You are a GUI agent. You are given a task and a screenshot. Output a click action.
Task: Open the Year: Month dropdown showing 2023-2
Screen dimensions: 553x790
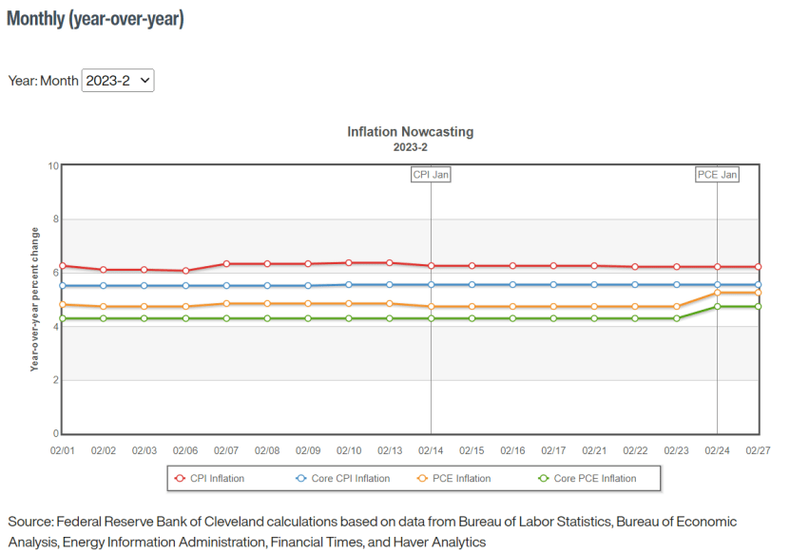pyautogui.click(x=118, y=81)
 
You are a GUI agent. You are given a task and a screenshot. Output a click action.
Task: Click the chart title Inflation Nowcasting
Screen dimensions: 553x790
pyautogui.click(x=410, y=132)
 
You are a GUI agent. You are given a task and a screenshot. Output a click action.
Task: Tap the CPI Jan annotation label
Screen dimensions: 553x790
pyautogui.click(x=431, y=175)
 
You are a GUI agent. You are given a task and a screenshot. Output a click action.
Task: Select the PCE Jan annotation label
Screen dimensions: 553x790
pyautogui.click(x=717, y=175)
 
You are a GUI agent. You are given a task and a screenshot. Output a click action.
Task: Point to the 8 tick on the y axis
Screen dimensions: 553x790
pyautogui.click(x=55, y=219)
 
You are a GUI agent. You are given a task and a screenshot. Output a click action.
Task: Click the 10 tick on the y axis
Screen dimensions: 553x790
pyautogui.click(x=53, y=166)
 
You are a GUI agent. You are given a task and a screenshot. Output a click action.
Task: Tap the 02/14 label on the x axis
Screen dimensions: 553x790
pyautogui.click(x=431, y=450)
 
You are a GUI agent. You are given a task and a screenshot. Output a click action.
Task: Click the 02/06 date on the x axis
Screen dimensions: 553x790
pyautogui.click(x=185, y=450)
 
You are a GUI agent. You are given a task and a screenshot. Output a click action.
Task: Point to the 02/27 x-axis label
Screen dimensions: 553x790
pyautogui.click(x=758, y=450)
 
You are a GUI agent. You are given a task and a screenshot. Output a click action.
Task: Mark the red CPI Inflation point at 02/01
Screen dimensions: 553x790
pyautogui.click(x=63, y=266)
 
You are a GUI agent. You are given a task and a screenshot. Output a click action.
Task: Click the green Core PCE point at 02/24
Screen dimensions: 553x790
pyautogui.click(x=717, y=306)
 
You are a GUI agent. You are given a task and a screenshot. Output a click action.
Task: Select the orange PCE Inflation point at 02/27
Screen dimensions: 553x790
pyautogui.click(x=758, y=293)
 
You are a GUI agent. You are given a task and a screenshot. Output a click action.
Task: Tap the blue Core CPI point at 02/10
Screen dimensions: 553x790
pyautogui.click(x=349, y=284)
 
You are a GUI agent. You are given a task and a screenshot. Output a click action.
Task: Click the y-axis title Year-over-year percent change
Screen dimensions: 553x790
pyautogui.click(x=35, y=298)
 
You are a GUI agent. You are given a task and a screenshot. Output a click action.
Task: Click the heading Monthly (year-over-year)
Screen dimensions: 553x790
pyautogui.click(x=95, y=19)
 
